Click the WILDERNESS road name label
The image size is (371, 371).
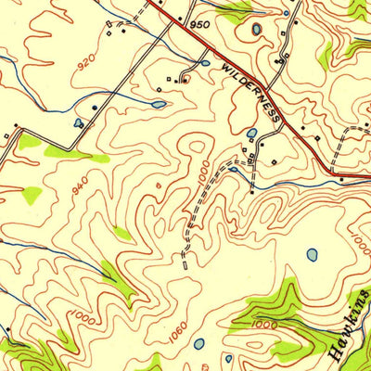tap(251, 93)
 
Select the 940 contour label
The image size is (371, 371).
tap(81, 186)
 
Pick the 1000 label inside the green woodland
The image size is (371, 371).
tap(264, 324)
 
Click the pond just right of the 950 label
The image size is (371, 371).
tap(256, 30)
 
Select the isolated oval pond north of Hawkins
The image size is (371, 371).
tap(313, 254)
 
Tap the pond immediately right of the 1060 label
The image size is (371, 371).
tap(198, 343)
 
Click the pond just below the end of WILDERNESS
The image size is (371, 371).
tap(251, 134)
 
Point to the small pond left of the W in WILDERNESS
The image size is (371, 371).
tap(202, 64)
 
